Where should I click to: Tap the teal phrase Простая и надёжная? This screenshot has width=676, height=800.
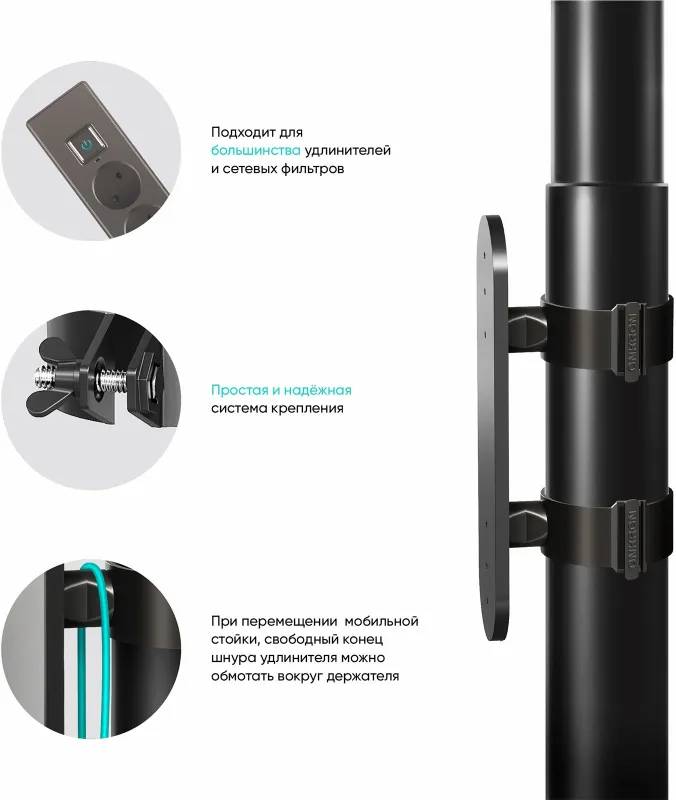(x=281, y=389)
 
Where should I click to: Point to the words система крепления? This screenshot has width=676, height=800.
(x=277, y=408)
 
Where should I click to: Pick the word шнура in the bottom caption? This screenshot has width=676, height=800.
(x=233, y=658)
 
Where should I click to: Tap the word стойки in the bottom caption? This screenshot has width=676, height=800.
(x=236, y=640)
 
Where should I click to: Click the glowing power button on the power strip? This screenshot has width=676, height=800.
(x=86, y=147)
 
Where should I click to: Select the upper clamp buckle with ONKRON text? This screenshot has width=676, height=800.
(x=631, y=340)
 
